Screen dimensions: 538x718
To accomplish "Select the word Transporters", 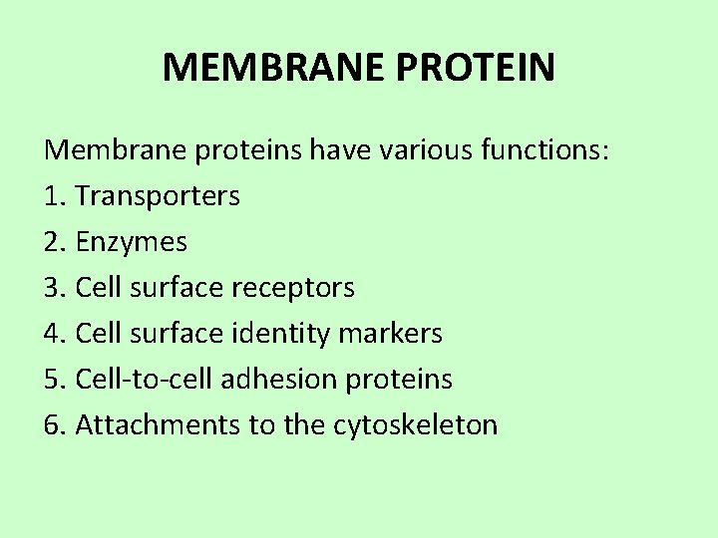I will (x=158, y=196).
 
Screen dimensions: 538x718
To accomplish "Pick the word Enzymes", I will (x=132, y=242).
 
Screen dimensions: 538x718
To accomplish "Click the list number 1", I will (x=53, y=196).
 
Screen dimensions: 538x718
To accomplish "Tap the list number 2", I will (x=53, y=242).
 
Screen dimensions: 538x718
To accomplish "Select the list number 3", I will (x=53, y=288).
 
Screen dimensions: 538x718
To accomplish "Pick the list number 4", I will (x=53, y=334).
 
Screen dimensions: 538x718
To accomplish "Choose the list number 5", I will (x=53, y=380).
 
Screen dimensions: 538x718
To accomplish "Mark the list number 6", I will (x=53, y=425).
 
